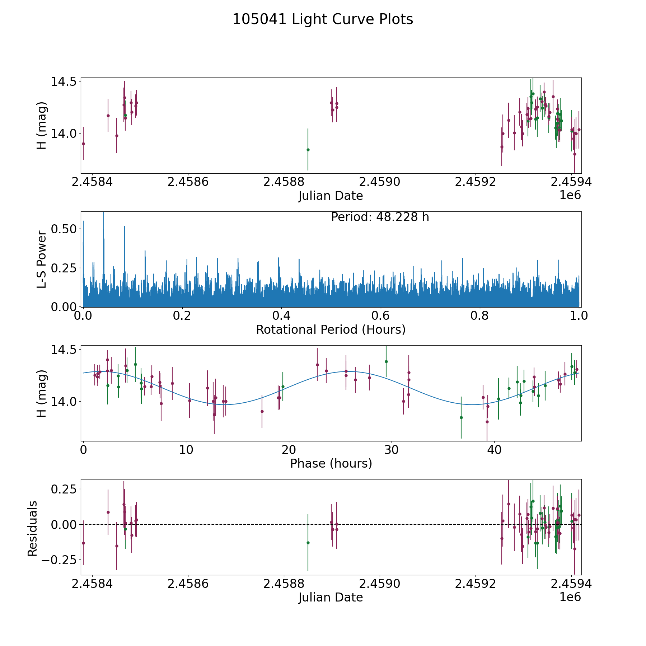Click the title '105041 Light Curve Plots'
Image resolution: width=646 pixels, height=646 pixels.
323,19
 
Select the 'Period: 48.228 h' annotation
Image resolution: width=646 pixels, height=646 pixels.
380,217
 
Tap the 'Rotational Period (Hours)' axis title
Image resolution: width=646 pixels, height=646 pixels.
331,329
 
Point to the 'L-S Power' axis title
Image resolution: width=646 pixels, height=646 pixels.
42,259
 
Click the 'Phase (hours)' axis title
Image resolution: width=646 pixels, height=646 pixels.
331,463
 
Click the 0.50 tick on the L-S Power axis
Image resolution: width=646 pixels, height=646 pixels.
64,229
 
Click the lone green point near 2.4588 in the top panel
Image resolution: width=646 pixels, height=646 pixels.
308,150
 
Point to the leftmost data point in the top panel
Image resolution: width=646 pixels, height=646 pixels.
83,144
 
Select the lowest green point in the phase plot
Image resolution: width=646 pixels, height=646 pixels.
461,417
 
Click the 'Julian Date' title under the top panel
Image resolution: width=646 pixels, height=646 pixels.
331,196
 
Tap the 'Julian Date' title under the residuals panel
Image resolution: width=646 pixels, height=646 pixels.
331,597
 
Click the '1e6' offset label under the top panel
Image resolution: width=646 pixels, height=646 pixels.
570,196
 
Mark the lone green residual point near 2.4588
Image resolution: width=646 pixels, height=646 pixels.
308,543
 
